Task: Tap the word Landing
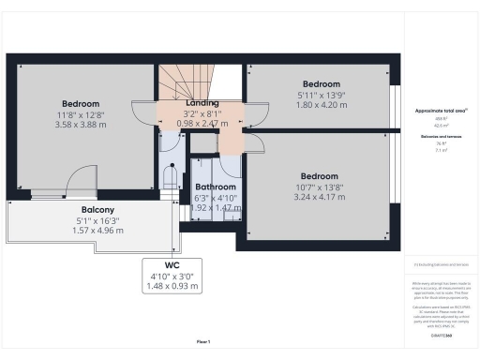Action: pos(202,102)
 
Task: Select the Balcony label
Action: pos(97,209)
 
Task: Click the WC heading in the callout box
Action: pos(171,263)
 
